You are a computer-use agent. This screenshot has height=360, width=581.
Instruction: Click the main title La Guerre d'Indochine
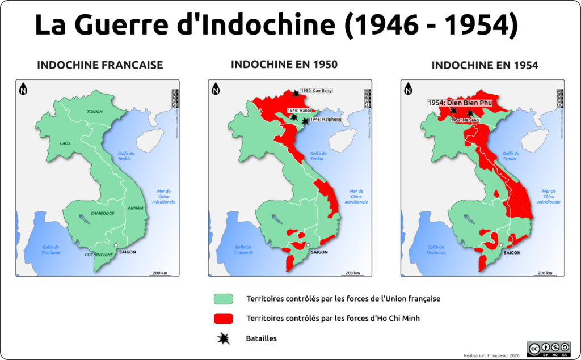[276, 26]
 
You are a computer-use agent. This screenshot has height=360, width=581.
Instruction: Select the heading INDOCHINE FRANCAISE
[100, 65]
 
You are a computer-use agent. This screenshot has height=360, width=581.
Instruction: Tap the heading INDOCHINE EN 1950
[284, 65]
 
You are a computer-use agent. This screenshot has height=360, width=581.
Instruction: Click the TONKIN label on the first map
[95, 112]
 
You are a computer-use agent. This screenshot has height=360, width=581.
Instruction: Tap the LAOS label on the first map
[65, 143]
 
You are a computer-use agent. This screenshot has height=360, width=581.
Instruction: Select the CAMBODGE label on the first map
[102, 213]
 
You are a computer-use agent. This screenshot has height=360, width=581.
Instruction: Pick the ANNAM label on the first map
[136, 207]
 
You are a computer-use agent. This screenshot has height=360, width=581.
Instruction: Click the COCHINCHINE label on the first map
[98, 255]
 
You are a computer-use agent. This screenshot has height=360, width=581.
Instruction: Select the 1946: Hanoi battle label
[299, 111]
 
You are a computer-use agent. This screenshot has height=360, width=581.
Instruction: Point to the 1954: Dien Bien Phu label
[460, 103]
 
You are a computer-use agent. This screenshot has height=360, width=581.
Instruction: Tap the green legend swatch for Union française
[224, 299]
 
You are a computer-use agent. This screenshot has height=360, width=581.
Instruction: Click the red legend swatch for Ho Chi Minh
[224, 319]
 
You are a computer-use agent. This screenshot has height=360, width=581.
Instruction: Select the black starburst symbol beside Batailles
[225, 338]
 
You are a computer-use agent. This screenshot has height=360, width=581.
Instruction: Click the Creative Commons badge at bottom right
[548, 349]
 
